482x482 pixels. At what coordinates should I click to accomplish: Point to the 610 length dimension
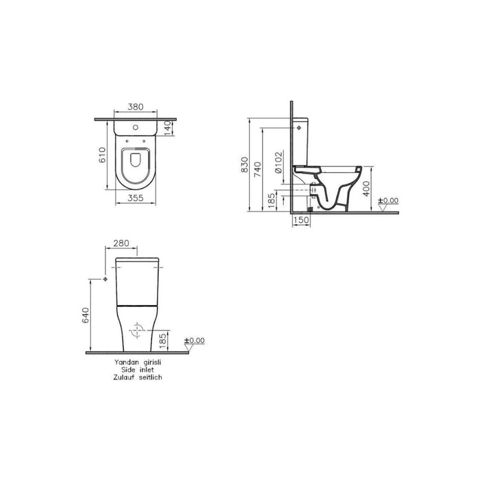(101, 155)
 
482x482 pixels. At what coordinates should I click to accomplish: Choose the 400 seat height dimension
(367, 188)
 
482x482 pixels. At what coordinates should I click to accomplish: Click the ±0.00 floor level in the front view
(196, 340)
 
